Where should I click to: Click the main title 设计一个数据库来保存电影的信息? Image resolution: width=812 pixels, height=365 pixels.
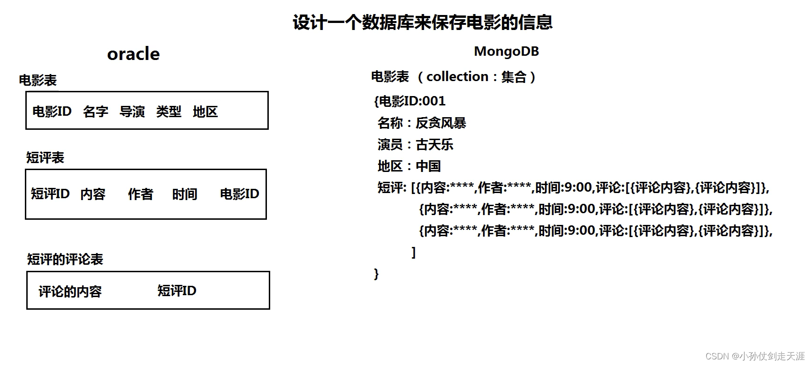423,22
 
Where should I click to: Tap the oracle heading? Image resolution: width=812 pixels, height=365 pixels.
133,54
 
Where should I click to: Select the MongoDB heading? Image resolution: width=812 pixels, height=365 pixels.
506,51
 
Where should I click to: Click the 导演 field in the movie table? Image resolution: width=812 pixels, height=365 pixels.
132,112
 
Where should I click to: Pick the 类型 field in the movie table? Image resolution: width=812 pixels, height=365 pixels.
168,112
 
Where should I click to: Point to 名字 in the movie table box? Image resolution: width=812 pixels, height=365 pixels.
95,112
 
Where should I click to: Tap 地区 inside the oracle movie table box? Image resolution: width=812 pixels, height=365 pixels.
205,112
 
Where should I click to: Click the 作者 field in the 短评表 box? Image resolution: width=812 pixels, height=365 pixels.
140,194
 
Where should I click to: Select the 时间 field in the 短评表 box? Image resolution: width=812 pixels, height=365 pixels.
184,194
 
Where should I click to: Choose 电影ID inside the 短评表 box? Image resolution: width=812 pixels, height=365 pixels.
239,194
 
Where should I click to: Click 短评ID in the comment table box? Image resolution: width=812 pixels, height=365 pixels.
176,291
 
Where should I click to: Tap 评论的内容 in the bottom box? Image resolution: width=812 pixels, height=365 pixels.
70,291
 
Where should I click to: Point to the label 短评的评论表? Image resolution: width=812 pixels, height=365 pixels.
65,259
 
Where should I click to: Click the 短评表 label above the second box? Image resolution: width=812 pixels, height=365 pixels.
45,157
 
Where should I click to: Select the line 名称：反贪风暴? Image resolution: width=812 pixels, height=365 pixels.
421,123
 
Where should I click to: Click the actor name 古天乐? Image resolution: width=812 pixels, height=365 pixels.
434,144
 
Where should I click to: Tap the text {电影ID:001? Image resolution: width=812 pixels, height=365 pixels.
410,101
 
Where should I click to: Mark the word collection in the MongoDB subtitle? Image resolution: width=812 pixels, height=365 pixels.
457,76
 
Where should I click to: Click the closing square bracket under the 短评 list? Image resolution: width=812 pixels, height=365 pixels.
413,253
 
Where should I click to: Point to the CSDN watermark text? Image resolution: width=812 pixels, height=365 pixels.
755,356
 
